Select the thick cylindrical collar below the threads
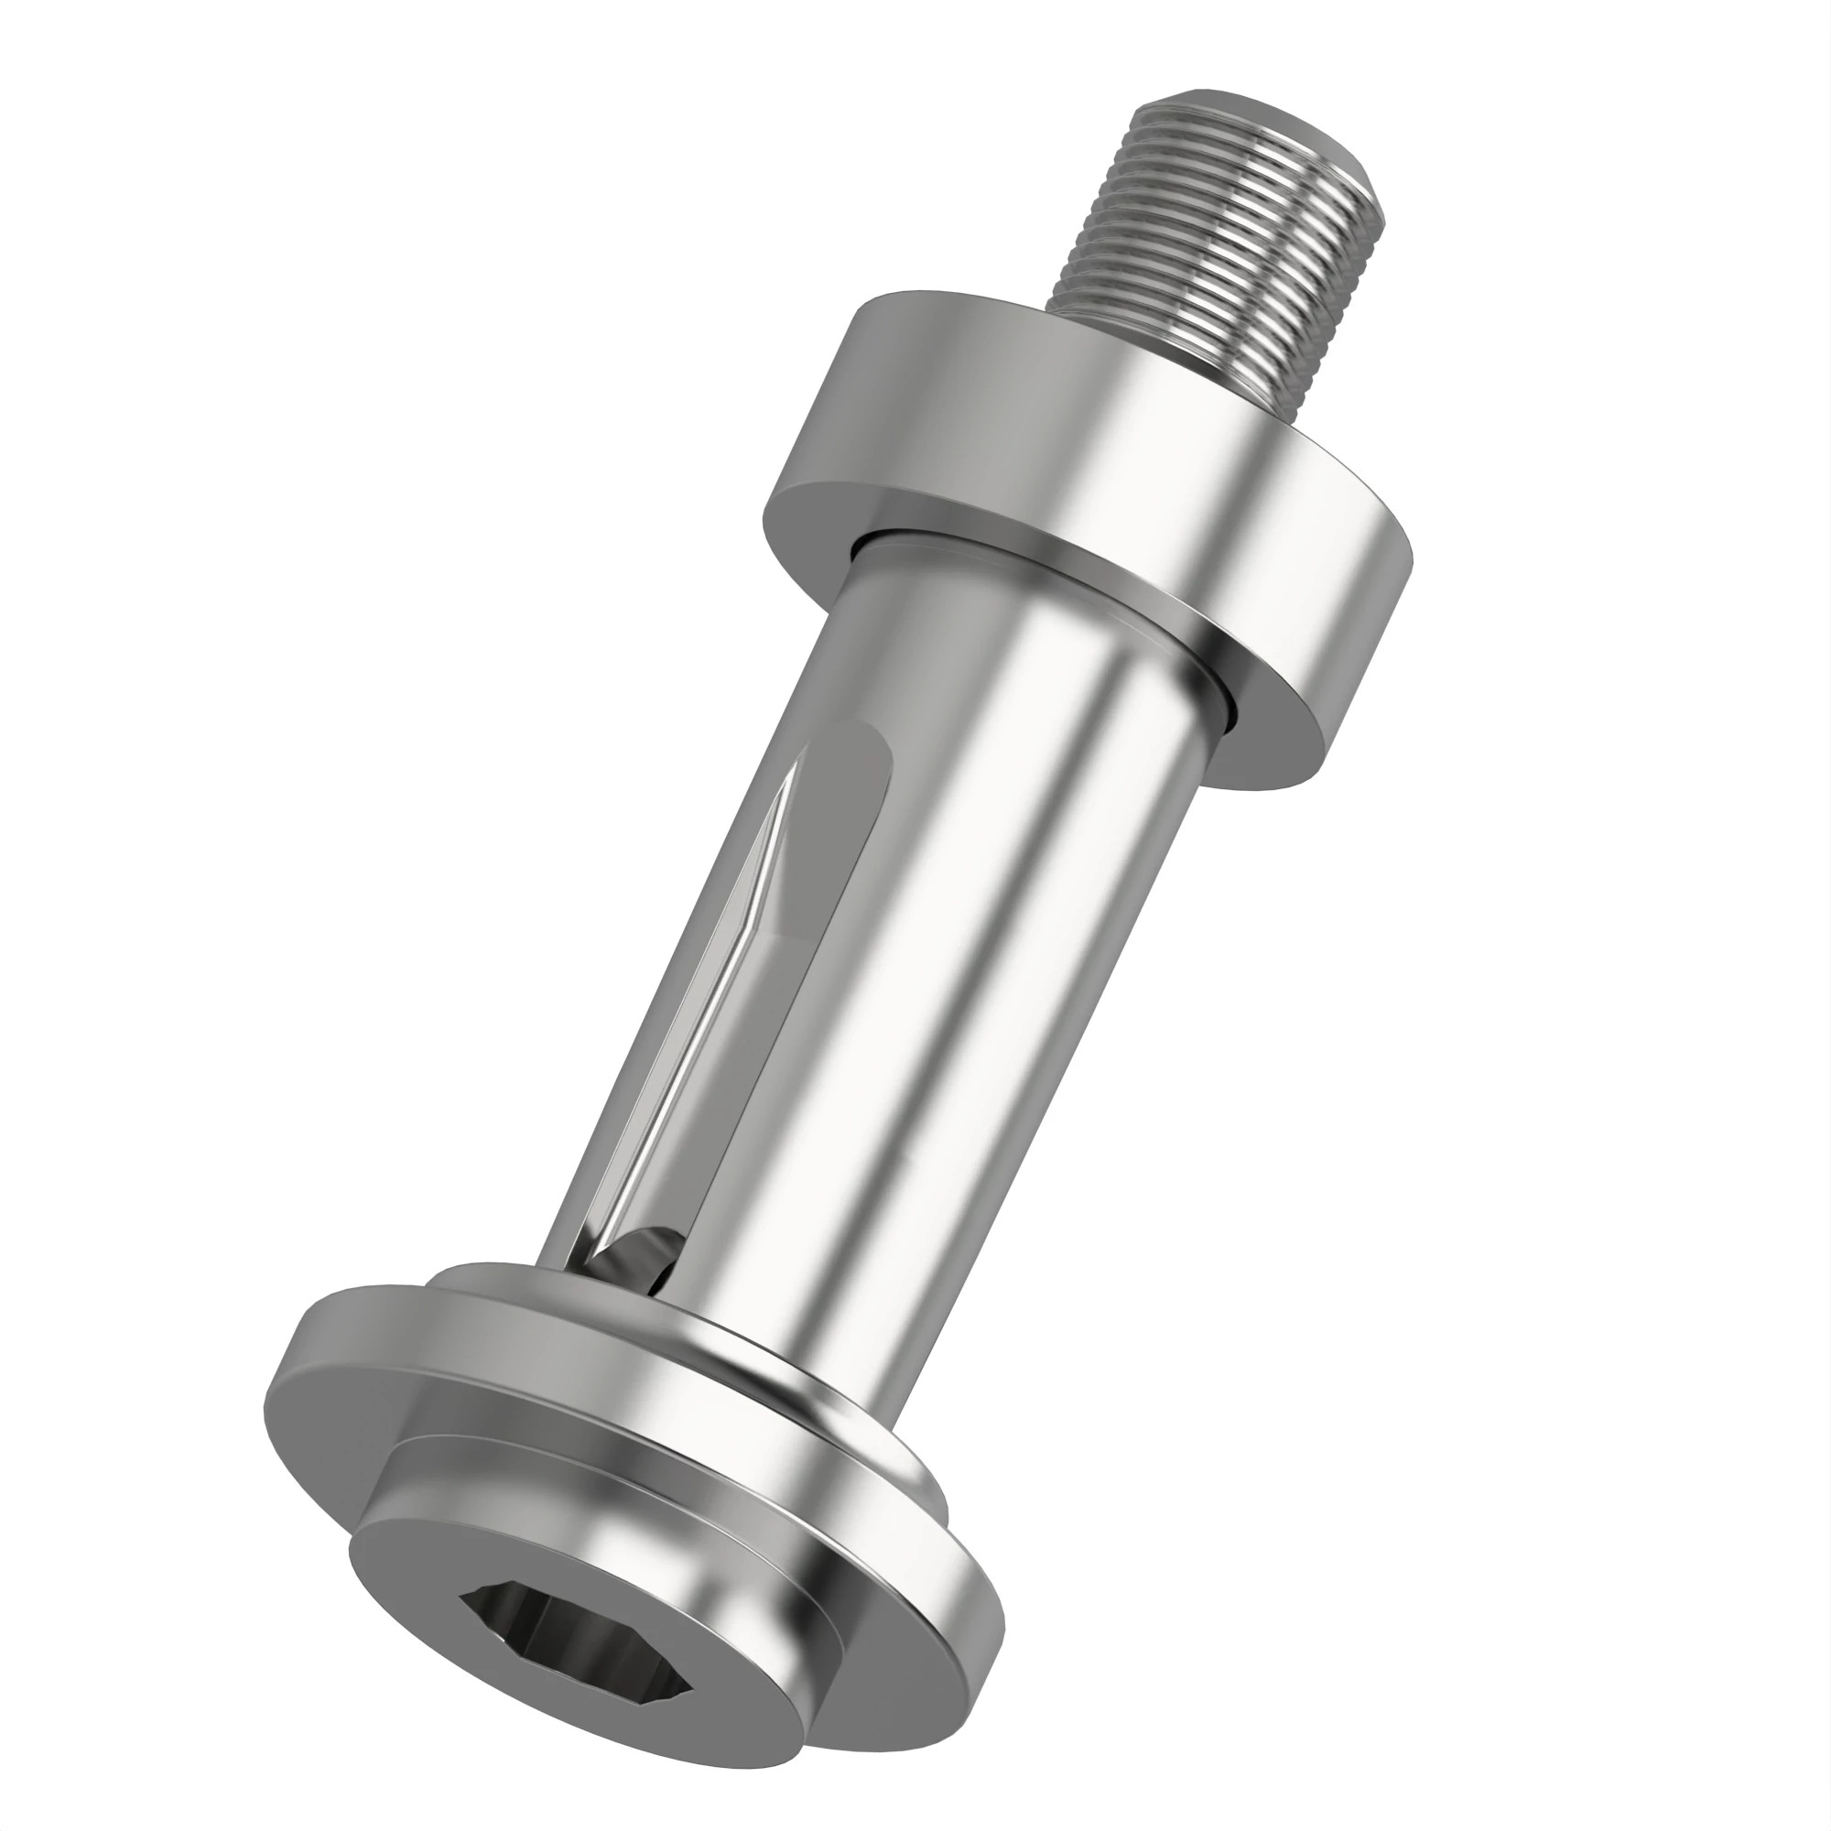(x=1137, y=493)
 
